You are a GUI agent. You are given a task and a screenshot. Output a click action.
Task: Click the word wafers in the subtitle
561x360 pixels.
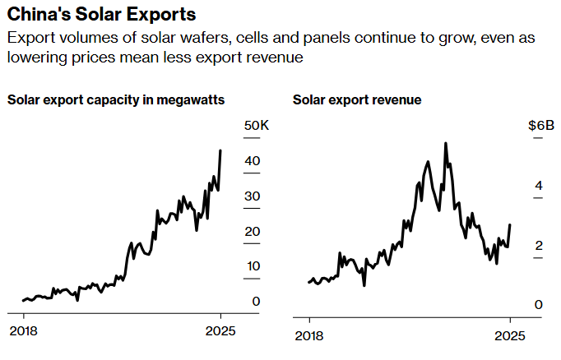click(198, 39)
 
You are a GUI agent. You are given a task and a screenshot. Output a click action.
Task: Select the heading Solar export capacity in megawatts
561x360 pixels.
click(116, 100)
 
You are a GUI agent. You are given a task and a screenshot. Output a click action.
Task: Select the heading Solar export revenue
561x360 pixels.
click(357, 100)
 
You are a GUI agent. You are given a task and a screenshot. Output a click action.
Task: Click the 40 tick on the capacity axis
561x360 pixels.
click(253, 161)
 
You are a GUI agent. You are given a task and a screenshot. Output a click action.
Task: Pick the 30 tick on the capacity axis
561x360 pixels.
click(253, 196)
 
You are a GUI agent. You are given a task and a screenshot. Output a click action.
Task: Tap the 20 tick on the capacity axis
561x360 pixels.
click(253, 232)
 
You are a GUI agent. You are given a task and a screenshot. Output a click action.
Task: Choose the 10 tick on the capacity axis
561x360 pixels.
click(253, 267)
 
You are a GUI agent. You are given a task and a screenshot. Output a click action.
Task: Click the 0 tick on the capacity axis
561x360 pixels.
click(257, 302)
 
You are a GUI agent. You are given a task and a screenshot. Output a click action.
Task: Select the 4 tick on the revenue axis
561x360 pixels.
click(539, 186)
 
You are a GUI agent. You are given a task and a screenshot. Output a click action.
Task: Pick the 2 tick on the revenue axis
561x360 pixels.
click(539, 245)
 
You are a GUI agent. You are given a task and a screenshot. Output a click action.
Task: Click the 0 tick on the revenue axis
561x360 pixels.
click(539, 305)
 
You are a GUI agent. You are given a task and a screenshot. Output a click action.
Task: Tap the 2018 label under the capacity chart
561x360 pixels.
click(23, 332)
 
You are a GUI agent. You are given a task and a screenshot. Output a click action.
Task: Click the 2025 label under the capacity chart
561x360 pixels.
click(220, 332)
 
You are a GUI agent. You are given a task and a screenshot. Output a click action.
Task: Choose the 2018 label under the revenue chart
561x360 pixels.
click(309, 335)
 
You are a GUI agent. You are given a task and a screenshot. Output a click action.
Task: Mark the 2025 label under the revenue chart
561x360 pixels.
click(510, 335)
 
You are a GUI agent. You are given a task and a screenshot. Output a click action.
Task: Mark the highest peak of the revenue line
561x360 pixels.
click(445, 143)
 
